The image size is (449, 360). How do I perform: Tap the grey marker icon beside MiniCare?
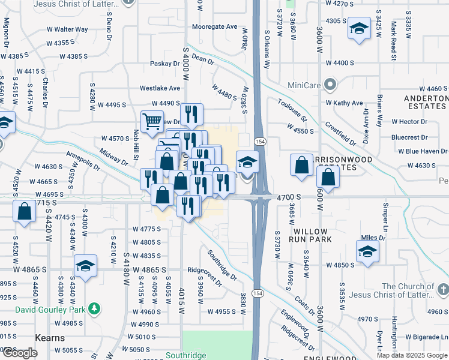coord(328,84)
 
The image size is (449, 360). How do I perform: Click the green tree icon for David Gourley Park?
coord(94,308)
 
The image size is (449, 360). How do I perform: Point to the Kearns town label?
coord(50,338)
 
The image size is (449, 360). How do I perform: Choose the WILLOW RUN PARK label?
coord(310,235)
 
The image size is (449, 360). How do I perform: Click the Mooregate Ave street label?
coord(215,27)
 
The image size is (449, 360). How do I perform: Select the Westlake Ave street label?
coord(160,88)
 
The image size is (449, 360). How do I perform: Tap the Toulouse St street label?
coord(292,110)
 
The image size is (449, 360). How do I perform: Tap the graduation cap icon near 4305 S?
coord(359,29)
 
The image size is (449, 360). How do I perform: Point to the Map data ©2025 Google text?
coord(412,355)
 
